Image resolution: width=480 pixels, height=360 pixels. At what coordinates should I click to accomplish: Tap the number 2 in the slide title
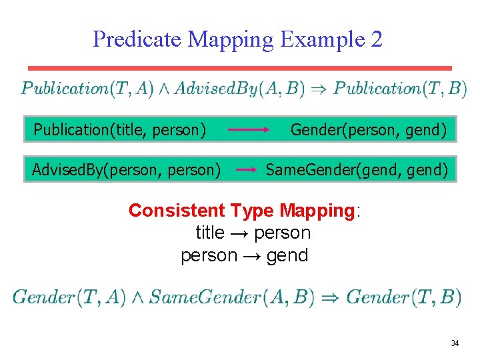[x=376, y=39]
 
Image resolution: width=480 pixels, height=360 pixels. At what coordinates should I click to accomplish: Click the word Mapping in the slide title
[x=231, y=39]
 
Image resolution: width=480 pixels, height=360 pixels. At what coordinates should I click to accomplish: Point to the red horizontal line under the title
[x=240, y=68]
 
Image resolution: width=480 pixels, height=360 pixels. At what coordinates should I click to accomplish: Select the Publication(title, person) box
[x=119, y=129]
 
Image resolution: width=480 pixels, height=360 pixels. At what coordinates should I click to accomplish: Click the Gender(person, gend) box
[x=369, y=129]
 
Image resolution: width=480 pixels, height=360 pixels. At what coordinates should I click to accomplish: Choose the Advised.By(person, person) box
[x=127, y=170]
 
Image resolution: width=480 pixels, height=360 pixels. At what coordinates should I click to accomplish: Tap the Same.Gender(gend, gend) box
[x=357, y=170]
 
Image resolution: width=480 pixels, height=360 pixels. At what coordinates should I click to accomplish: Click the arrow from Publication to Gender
[x=249, y=129]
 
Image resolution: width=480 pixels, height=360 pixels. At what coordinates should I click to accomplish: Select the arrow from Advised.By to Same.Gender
[x=247, y=170]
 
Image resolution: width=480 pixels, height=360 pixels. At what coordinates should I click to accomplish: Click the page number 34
[x=455, y=343]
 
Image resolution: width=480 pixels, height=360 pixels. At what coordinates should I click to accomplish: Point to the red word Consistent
[x=177, y=211]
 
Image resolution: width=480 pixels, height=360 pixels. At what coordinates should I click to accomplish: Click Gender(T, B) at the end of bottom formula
[x=403, y=297]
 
